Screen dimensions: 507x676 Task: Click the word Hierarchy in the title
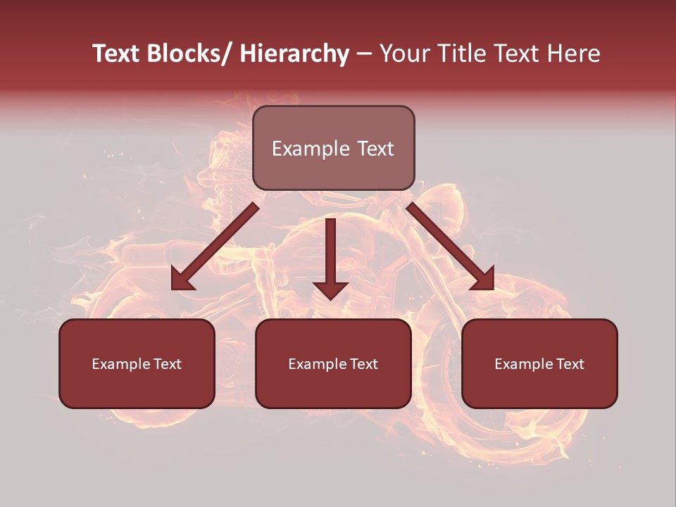[294, 54]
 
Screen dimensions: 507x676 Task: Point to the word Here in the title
[575, 54]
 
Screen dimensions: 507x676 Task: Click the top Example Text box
[333, 148]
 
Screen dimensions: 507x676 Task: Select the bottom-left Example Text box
[137, 363]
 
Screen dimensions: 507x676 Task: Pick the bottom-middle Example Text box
[333, 363]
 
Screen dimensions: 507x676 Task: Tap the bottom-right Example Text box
[539, 363]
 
